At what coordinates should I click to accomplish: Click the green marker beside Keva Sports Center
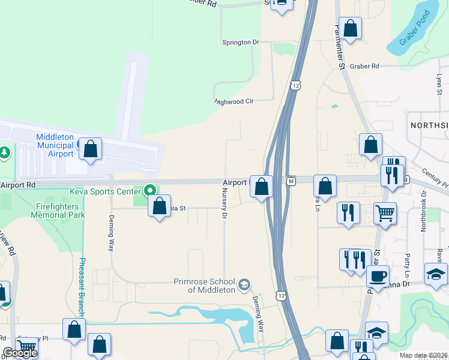(x=149, y=191)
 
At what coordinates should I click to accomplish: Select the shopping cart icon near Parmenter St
(x=385, y=212)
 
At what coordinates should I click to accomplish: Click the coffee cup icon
(x=378, y=276)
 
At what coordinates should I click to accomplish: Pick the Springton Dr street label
(x=240, y=43)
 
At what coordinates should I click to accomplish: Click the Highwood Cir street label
(x=235, y=101)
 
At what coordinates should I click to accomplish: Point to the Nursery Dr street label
(x=224, y=205)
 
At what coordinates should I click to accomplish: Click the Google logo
(x=19, y=353)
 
